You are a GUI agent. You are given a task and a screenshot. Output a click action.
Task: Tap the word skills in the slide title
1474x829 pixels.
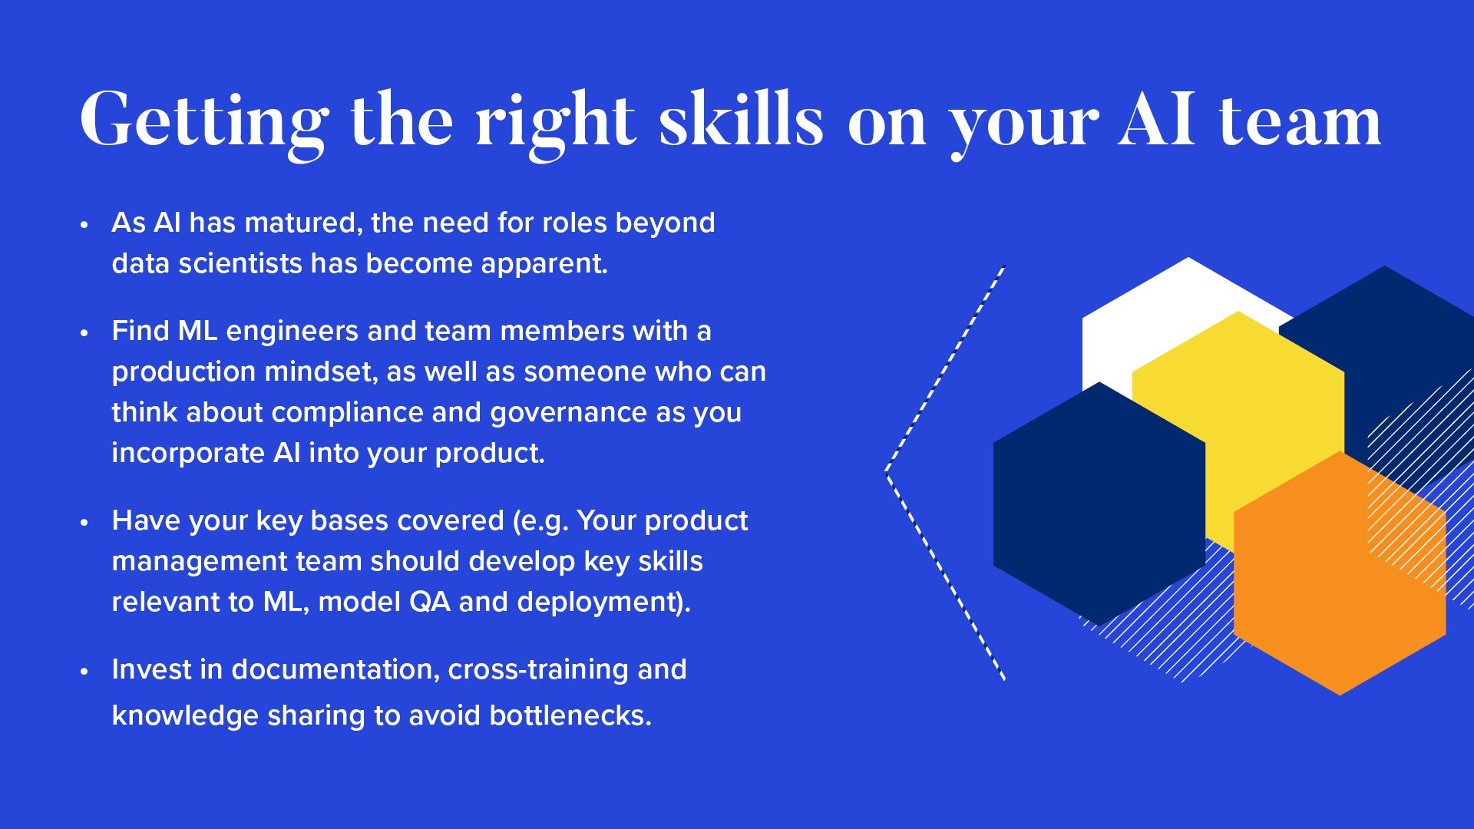click(741, 118)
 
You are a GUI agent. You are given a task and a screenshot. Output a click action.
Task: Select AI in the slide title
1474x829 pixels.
click(1157, 120)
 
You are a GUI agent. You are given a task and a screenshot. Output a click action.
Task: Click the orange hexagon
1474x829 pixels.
click(1340, 573)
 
